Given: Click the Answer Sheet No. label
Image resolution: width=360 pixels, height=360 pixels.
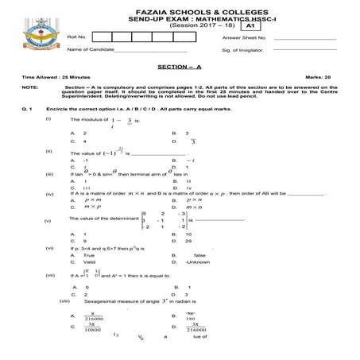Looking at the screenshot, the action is (x=244, y=37).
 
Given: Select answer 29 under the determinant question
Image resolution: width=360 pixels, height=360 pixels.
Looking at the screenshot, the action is (x=188, y=241).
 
